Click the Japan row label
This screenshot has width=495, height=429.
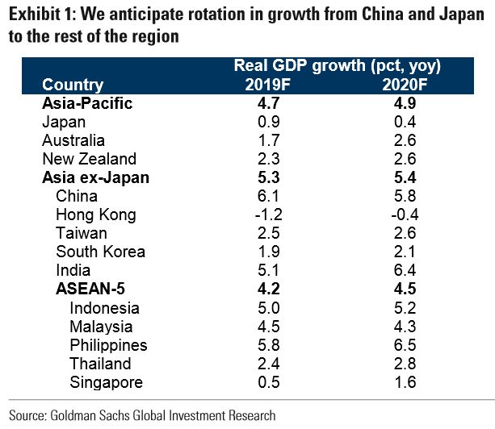click(65, 122)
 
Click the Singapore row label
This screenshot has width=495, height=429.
click(106, 381)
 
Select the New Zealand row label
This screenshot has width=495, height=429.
click(89, 159)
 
